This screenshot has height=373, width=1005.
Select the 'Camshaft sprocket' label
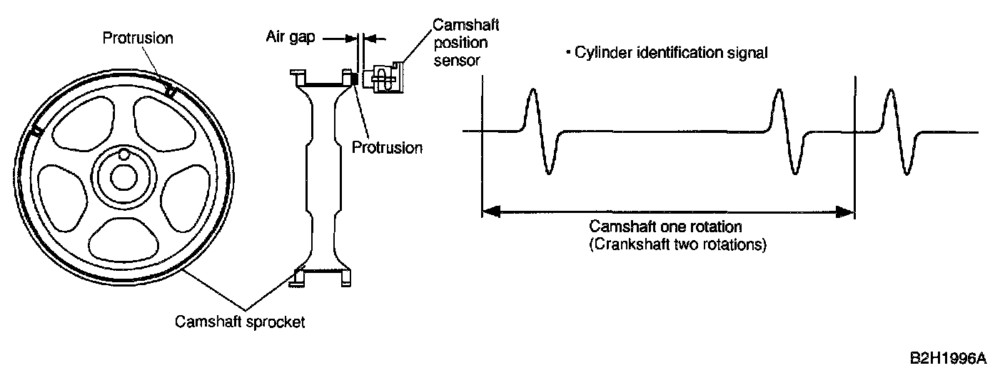241,322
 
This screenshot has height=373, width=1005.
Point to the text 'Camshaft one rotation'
666,227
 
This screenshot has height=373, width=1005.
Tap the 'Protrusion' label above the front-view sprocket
137,38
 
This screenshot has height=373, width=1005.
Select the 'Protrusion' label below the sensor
388,148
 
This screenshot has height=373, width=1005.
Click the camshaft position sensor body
383,77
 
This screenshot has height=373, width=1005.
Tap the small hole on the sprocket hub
123,154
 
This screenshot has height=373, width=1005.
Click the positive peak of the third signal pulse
889,91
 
